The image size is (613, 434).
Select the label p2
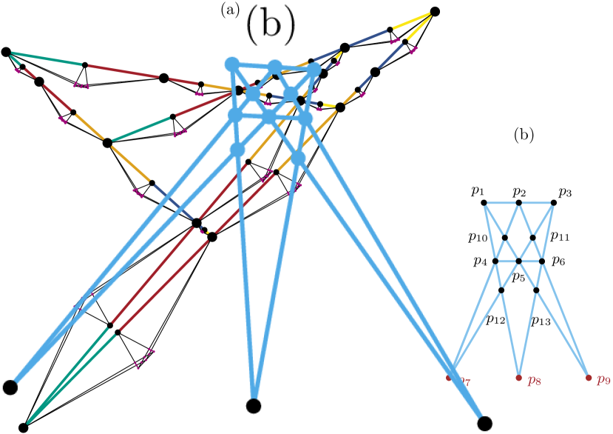click(520, 193)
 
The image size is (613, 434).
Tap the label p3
click(566, 193)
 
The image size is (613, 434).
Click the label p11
click(560, 237)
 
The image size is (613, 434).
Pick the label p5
click(518, 278)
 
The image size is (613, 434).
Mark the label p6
click(558, 262)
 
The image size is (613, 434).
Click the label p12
click(495, 320)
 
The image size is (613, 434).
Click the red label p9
click(604, 381)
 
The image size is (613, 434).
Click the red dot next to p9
click(589, 378)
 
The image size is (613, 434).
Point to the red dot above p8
click(519, 378)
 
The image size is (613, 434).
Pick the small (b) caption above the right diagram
click(524, 136)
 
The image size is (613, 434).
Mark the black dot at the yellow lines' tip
click(436, 11)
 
